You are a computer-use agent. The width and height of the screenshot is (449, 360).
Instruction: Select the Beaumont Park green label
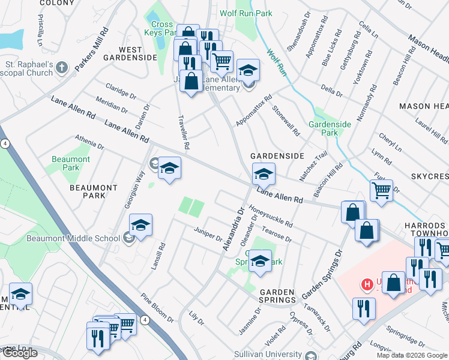71,163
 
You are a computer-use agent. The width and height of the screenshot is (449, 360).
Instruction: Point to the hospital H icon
363,283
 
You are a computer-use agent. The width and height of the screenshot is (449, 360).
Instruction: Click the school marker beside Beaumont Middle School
140,225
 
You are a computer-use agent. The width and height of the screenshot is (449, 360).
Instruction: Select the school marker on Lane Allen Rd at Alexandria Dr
263,174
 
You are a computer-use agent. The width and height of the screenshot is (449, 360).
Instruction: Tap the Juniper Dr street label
208,233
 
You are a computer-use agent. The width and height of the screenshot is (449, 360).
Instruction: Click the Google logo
20,352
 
